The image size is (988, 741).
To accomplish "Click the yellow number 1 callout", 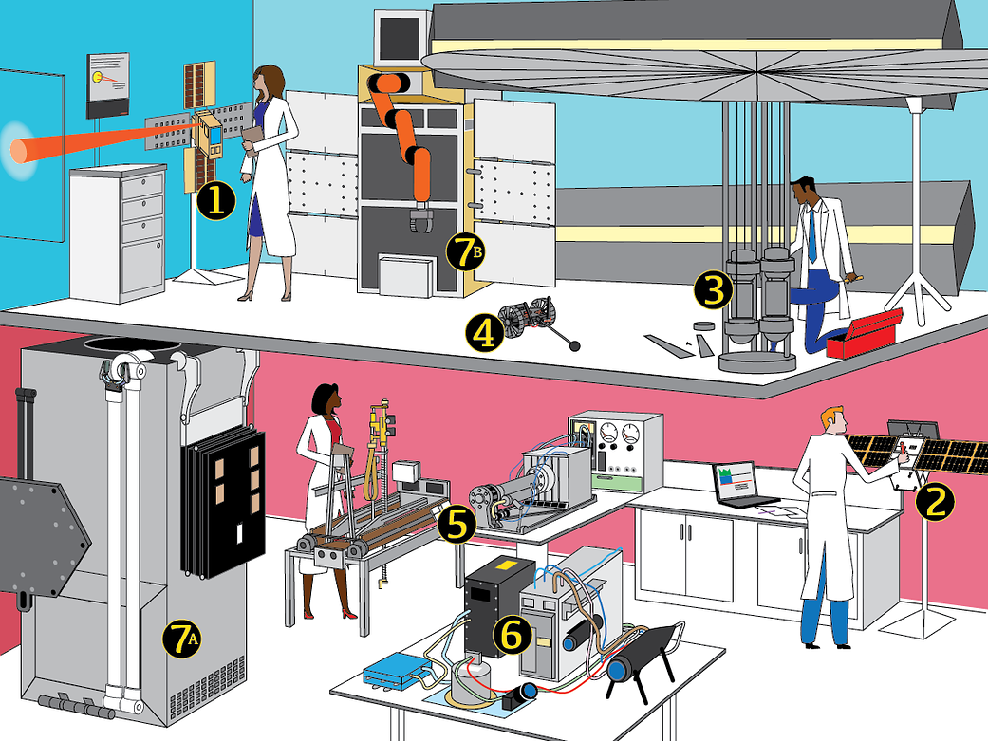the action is click(216, 201).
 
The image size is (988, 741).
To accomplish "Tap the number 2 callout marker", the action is click(935, 502).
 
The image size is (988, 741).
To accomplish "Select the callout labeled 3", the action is click(714, 291).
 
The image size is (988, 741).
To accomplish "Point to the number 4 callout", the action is click(485, 333).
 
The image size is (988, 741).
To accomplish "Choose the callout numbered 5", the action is click(457, 525).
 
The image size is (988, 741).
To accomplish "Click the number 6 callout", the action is click(511, 635).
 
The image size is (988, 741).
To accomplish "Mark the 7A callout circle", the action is click(182, 639).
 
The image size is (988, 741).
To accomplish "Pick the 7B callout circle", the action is click(465, 251).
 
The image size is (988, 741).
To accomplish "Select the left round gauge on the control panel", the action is click(608, 434).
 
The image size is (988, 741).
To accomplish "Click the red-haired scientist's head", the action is click(832, 419).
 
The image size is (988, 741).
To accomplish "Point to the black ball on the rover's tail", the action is click(574, 345).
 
